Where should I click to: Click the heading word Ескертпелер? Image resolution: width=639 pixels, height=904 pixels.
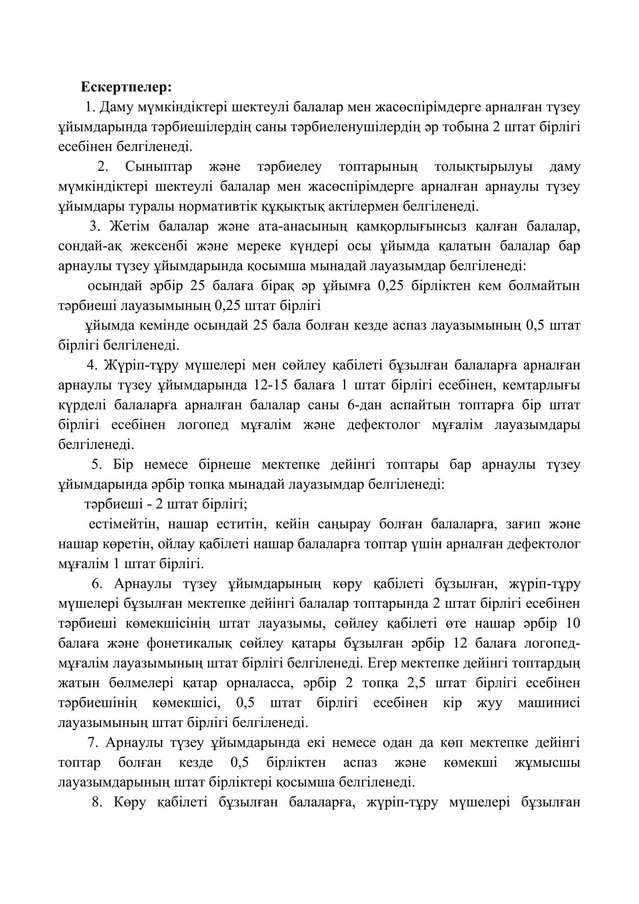point(126,87)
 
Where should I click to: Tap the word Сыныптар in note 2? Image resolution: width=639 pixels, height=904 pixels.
point(158,167)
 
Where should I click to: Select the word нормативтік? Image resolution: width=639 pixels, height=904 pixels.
point(220,206)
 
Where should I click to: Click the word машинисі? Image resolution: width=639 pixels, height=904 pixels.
point(549,703)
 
